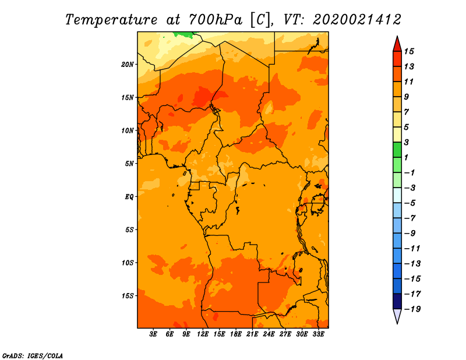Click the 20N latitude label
pos(127,65)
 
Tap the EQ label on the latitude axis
pos(129,197)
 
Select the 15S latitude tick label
pos(128,296)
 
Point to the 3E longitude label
pos(153,334)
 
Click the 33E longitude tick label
pos(318,334)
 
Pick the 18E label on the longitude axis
pos(236,334)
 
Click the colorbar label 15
pos(409,51)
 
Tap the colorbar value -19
pos(412,309)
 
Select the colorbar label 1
pos(406,157)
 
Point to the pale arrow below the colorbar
pos(397,316)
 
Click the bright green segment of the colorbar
pos(397,150)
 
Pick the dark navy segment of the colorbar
pos(397,301)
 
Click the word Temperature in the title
pos(111,20)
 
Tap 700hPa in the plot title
pos(216,20)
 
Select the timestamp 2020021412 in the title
pos(356,20)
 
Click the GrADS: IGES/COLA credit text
pos(33,355)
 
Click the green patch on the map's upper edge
pos(183,34)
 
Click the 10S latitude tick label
pos(128,263)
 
